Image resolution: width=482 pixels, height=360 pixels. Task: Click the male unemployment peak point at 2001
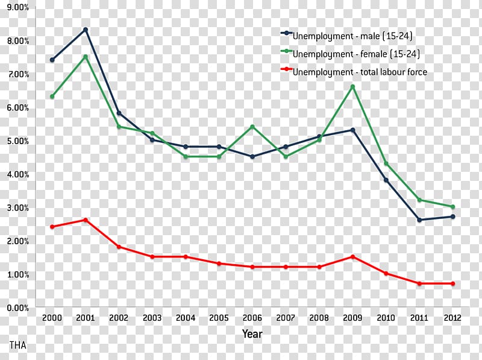[x=86, y=30]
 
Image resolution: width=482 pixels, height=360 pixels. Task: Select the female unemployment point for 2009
[x=352, y=87]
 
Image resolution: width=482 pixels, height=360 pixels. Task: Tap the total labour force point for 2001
[x=86, y=220]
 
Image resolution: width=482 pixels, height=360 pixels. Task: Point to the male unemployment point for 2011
[x=419, y=220]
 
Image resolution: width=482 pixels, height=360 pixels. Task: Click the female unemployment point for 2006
[x=252, y=127]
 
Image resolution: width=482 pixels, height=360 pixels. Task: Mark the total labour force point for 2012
[x=452, y=283]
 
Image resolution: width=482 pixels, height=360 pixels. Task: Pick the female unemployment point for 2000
[x=52, y=96]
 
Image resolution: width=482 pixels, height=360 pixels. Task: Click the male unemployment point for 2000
[x=52, y=60]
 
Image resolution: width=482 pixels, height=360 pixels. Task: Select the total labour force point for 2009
[x=352, y=257]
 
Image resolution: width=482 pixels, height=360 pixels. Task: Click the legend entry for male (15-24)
[x=352, y=36]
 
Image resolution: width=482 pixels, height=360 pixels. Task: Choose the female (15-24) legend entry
[x=355, y=54]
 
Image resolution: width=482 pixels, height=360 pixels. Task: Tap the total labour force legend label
[x=359, y=72]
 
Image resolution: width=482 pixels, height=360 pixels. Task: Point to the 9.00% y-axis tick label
[x=17, y=7]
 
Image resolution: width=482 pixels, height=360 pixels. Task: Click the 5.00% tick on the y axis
[x=17, y=141]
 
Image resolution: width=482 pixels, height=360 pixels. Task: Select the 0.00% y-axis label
[x=17, y=308]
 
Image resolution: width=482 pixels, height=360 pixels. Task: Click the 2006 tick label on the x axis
[x=252, y=318]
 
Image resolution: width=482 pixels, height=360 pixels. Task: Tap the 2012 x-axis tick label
[x=452, y=318]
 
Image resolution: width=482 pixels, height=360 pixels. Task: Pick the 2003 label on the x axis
[x=152, y=318]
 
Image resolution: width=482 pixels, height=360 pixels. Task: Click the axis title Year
[x=252, y=333]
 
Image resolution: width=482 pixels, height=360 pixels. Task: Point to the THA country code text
[x=18, y=345]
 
